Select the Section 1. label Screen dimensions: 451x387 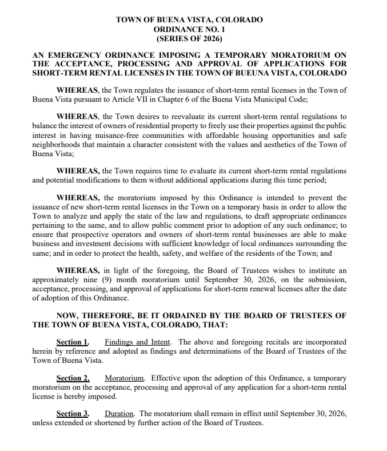(x=73, y=342)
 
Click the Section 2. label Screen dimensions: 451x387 (x=73, y=378)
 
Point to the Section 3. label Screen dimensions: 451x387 (x=73, y=414)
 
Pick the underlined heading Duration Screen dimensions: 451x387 (x=119, y=414)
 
